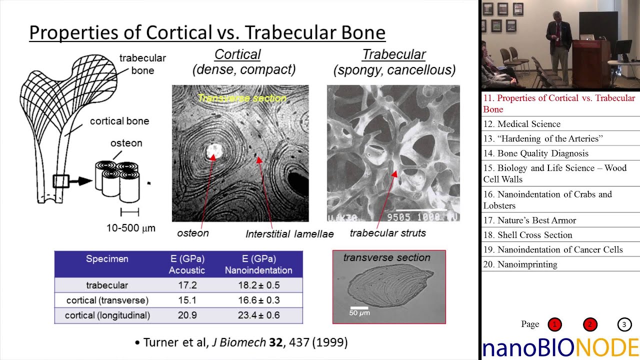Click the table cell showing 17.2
pyautogui.click(x=187, y=285)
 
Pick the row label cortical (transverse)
pyautogui.click(x=107, y=300)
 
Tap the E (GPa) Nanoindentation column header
pyautogui.click(x=258, y=264)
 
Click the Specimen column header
pyautogui.click(x=107, y=259)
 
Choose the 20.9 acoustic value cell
pyautogui.click(x=187, y=315)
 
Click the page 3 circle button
pyautogui.click(x=624, y=324)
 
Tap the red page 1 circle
pyautogui.click(x=554, y=324)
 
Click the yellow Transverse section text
pyautogui.click(x=242, y=98)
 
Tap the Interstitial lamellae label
pyautogui.click(x=289, y=234)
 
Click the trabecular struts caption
pyautogui.click(x=387, y=233)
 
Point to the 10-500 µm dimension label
pyautogui.click(x=130, y=228)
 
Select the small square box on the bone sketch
pyautogui.click(x=60, y=181)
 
